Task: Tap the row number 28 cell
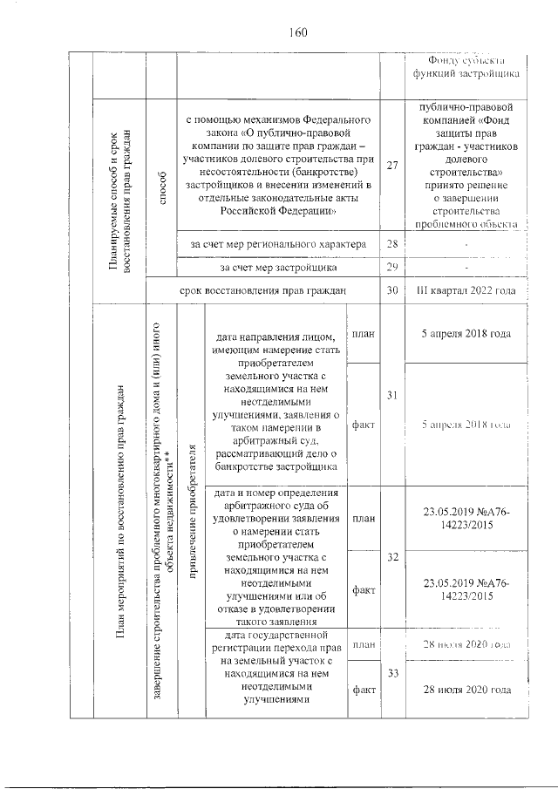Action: coord(391,244)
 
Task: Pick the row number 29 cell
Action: coord(391,267)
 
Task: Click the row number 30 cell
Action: coord(391,290)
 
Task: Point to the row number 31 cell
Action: coord(391,396)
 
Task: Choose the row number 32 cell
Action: coord(391,556)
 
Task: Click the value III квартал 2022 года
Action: coord(468,290)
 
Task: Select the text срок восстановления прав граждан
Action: coord(262,290)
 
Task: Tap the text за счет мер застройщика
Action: coord(278,267)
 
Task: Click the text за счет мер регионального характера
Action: coord(278,244)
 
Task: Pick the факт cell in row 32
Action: coord(363,589)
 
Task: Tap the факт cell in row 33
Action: coord(363,690)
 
